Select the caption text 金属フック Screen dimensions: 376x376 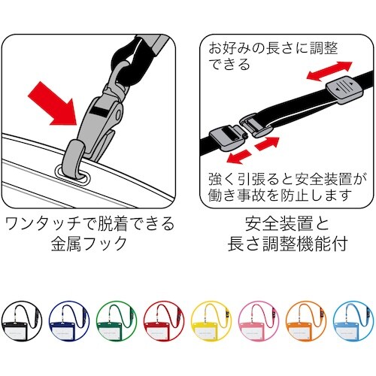(89, 244)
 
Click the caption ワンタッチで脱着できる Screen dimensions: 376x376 (89, 223)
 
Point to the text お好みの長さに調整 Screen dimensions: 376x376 (272, 48)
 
